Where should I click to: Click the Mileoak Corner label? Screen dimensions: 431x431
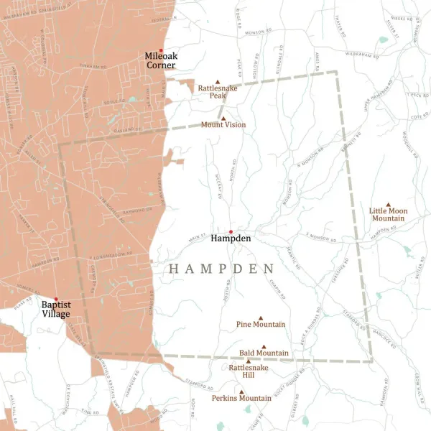(x=160, y=60)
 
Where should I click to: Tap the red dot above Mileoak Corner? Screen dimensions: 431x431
(x=161, y=50)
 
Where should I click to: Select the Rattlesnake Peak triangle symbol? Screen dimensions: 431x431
(x=218, y=82)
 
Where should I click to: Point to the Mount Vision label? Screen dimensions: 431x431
(x=223, y=125)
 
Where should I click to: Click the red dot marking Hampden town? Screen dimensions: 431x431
(x=231, y=231)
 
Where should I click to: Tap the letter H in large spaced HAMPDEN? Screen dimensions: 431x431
(x=174, y=269)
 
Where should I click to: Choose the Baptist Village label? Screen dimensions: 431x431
(x=55, y=310)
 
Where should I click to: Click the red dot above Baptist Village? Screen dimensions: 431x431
(x=55, y=299)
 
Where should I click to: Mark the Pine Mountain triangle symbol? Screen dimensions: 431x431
(x=261, y=318)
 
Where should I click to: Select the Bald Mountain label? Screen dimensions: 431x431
(x=264, y=353)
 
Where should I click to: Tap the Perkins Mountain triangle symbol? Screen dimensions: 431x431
(x=241, y=391)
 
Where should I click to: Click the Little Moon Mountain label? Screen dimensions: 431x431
(x=388, y=214)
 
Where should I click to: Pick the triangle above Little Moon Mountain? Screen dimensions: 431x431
(x=388, y=204)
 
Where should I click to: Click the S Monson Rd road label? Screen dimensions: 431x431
(x=321, y=235)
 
